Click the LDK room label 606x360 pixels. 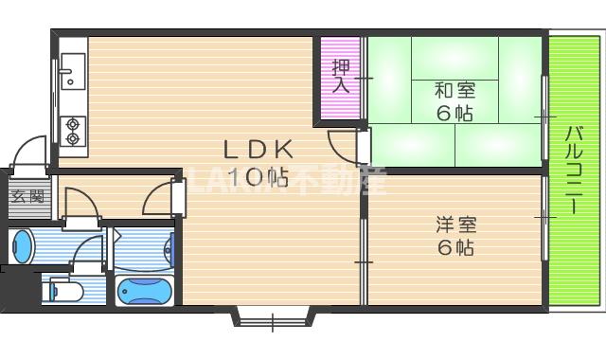click(258, 150)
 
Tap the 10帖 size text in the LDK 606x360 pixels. click(257, 176)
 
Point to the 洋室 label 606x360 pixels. click(455, 225)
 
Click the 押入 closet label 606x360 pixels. click(340, 76)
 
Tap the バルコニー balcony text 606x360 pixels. click(574, 171)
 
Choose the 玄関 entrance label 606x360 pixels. click(27, 198)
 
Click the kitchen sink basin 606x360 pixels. click(72, 71)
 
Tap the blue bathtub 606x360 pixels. click(145, 290)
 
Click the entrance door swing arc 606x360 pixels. click(32, 152)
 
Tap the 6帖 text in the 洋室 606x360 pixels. click(455, 248)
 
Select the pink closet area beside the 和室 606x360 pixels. click(341, 80)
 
